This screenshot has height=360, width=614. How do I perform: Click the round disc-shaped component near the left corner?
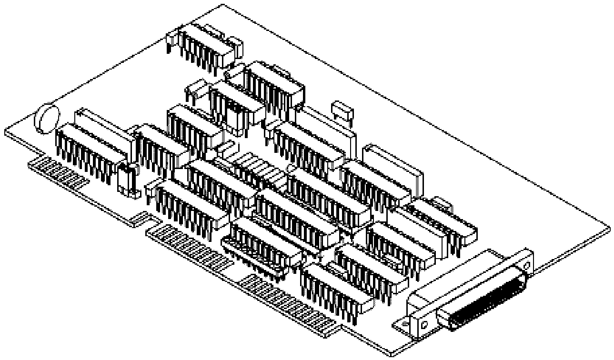tap(46, 116)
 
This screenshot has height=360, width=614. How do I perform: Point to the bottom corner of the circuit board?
tap(391, 355)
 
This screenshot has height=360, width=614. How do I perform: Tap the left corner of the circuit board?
tap(5, 131)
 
